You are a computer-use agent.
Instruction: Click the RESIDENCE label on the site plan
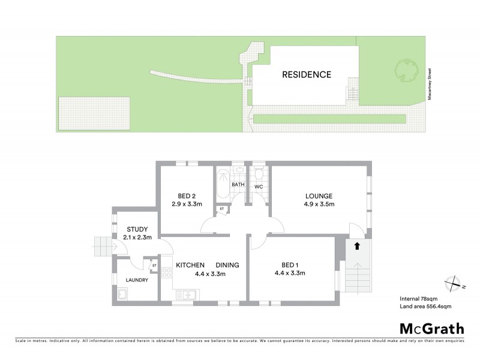[307, 75]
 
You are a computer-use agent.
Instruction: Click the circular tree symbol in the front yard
[406, 72]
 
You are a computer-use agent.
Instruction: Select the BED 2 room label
[187, 196]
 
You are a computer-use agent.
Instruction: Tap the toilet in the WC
[259, 175]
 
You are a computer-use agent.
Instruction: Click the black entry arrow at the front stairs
[357, 245]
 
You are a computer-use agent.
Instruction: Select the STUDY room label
[138, 229]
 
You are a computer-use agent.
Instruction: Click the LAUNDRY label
[137, 280]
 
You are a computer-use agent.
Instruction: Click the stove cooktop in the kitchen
[167, 274]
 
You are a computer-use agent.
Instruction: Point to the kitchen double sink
[187, 294]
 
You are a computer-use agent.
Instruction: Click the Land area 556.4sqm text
[425, 307]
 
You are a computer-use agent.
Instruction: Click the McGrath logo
[431, 328]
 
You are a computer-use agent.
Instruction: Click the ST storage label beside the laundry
[154, 265]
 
